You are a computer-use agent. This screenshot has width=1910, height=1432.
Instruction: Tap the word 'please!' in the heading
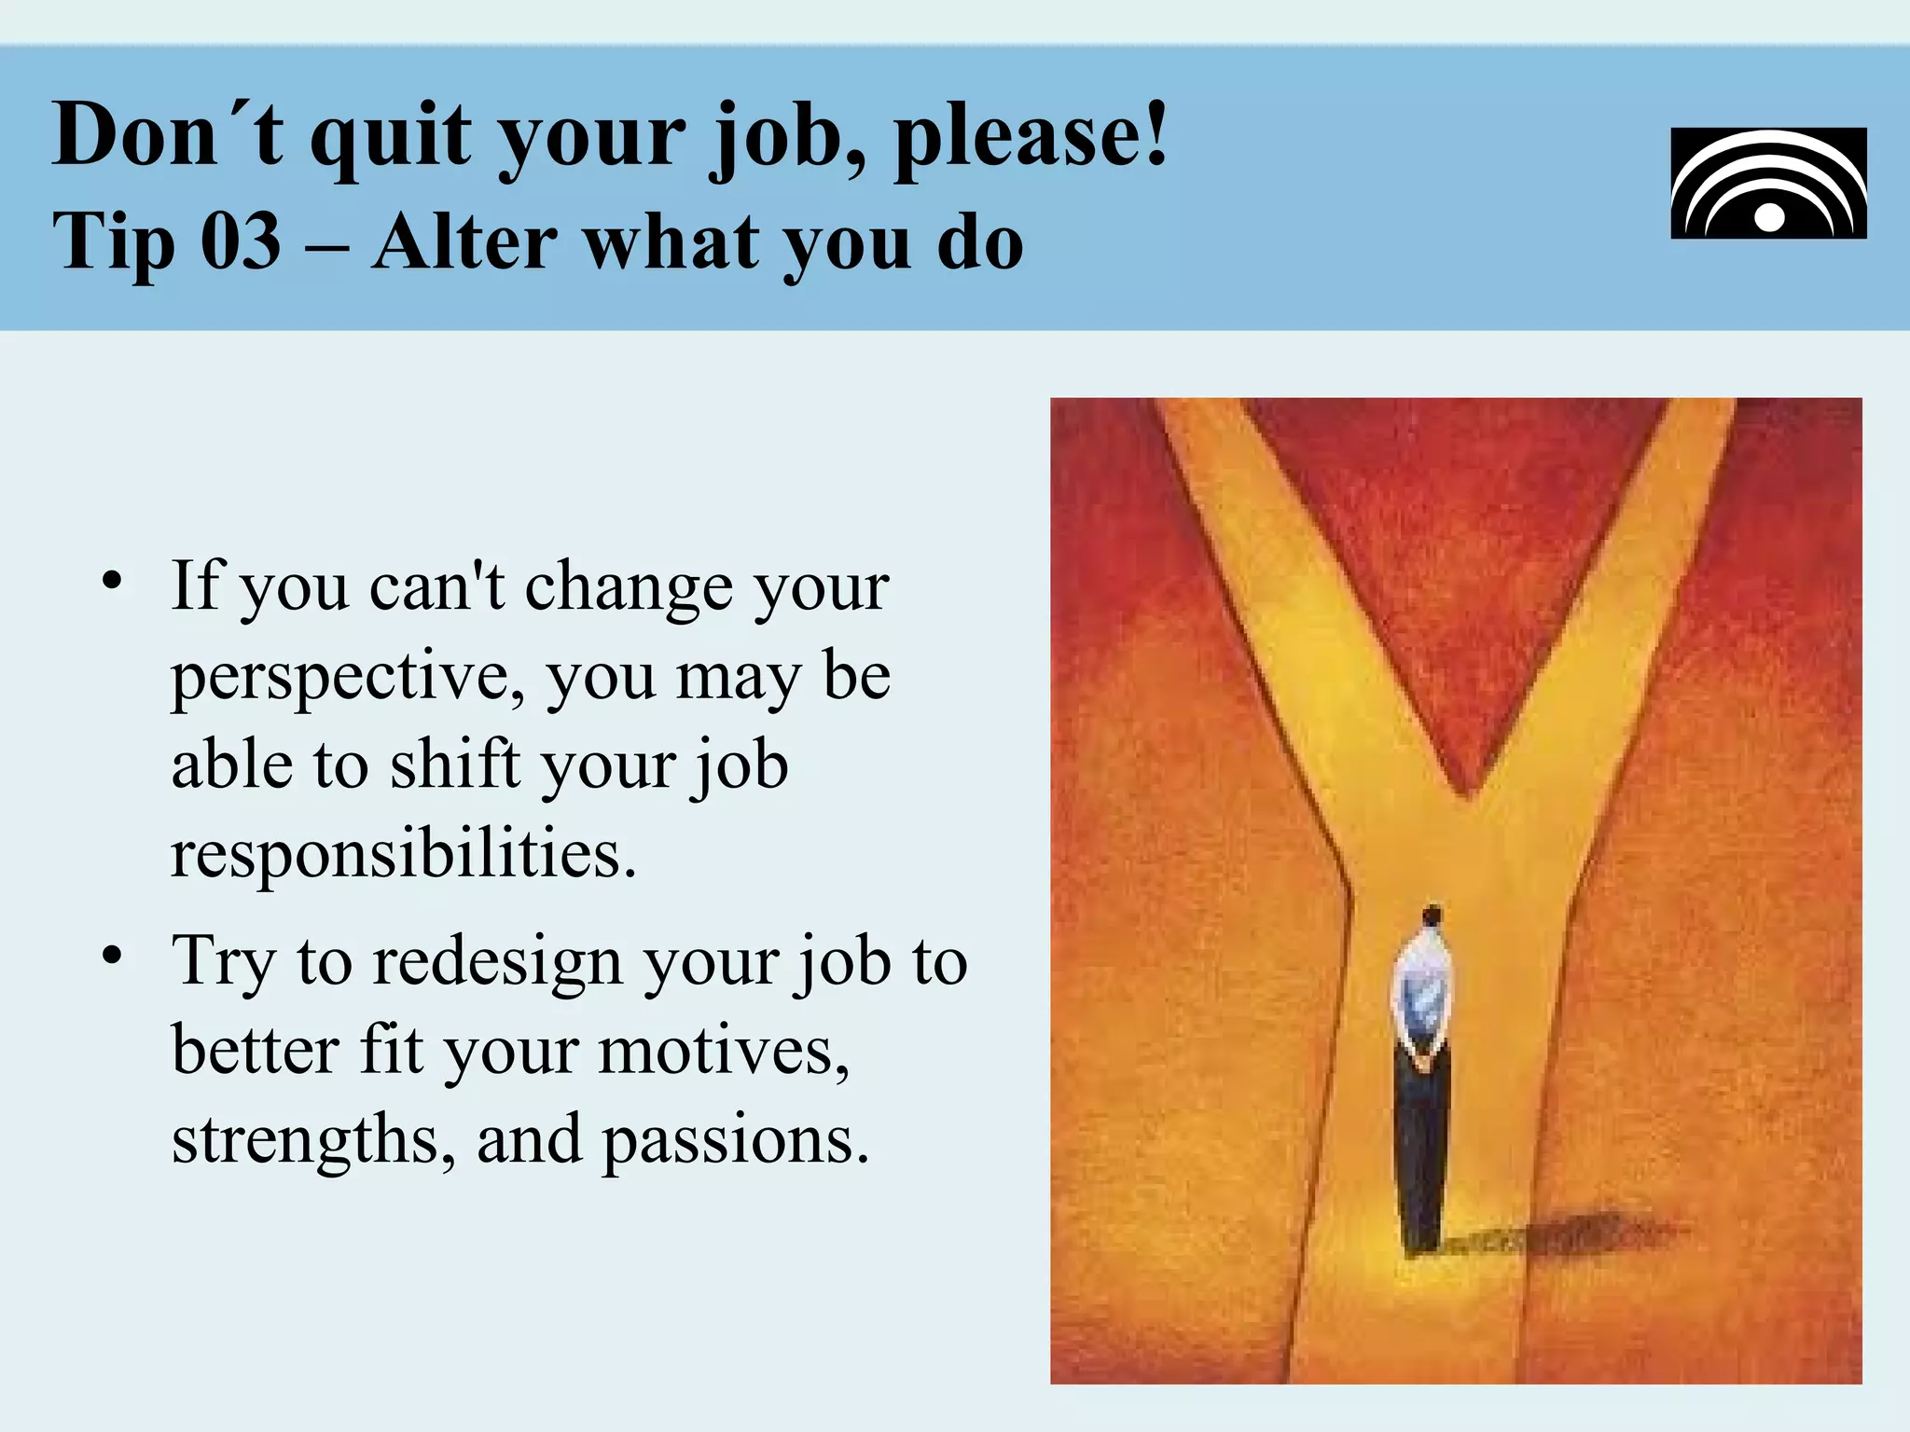[x=1031, y=138]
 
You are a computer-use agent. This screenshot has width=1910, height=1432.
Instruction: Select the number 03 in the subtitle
[x=241, y=241]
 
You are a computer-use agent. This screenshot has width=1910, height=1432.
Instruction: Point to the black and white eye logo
[x=1768, y=184]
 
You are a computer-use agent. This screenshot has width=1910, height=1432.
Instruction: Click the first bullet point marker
[x=113, y=581]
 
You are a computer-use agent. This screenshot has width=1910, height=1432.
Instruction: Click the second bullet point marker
[x=113, y=956]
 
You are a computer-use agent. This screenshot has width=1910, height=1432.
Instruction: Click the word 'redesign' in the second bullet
[x=497, y=961]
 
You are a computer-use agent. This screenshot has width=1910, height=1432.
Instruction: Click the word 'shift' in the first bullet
[x=453, y=764]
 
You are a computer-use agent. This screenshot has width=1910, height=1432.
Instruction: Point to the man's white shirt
[x=1422, y=988]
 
